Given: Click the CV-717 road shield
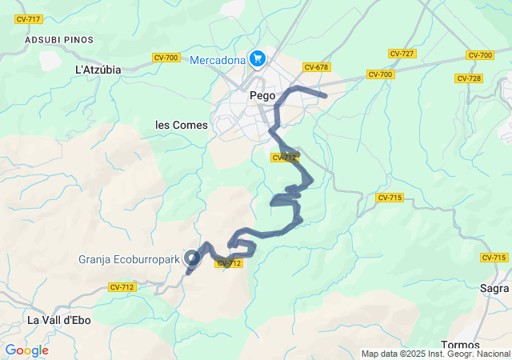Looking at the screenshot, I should pos(29,18).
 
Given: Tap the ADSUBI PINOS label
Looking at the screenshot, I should pos(59,39).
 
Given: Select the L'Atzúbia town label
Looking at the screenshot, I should pos(98,70).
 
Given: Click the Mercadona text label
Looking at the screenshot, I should pos(217,58).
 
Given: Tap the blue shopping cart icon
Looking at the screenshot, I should pos(257,58).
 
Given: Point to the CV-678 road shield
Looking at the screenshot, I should pos(317,67).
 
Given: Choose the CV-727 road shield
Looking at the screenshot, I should pos(402,54).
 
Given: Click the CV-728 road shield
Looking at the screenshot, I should pos(468,78).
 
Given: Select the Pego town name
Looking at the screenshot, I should pos(262,94).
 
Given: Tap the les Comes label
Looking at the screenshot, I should pos(181,126).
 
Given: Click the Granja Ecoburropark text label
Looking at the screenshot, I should pos(130,258).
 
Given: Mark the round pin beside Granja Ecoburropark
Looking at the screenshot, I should pos(192,258).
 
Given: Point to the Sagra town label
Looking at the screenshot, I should pos(494,288).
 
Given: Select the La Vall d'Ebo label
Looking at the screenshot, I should pos(59,320).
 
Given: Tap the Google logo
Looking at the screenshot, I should pos(26,350).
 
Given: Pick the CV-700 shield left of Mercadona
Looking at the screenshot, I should pos(166,58).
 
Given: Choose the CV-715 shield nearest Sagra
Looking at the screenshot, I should pos(494,258).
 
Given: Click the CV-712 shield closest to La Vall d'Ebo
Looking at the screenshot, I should pos(122,286).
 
